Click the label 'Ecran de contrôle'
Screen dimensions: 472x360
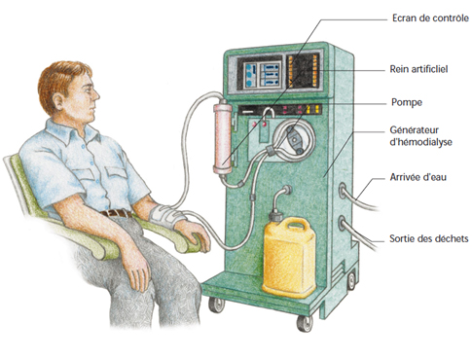[x=430, y=18]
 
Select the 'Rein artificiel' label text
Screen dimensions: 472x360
[x=418, y=69]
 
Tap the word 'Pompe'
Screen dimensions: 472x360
[x=407, y=102]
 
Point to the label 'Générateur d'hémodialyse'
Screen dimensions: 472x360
[x=420, y=136]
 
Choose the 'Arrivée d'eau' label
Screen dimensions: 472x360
[x=418, y=177]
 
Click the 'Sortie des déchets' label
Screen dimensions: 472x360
[x=429, y=238]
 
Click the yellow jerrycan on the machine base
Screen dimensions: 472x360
[x=289, y=257]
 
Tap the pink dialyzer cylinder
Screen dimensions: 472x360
[x=223, y=137]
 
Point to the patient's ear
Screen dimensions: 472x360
[x=58, y=101]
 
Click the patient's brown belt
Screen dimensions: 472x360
[x=116, y=213]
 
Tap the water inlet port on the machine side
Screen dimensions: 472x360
[x=343, y=192]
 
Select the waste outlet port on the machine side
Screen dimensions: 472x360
[x=343, y=223]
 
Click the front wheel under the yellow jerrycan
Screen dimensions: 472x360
[x=305, y=323]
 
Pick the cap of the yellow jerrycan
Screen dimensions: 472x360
[x=275, y=215]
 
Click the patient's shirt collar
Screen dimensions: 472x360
[x=71, y=130]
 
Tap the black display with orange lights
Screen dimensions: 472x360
[x=304, y=71]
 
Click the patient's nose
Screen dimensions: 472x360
[x=96, y=94]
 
